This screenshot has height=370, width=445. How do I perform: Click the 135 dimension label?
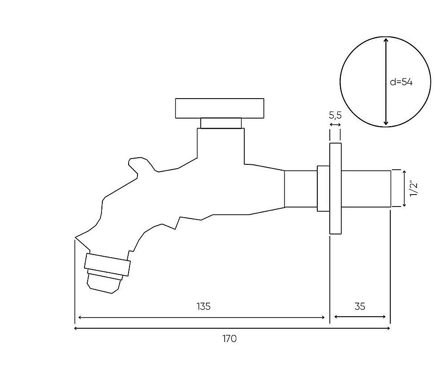coord(203,306)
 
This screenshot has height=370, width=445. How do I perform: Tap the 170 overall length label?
coord(230,339)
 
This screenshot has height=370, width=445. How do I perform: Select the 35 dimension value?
coord(360,306)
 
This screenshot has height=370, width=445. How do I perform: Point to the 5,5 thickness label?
coord(335,115)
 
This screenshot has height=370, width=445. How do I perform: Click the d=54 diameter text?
coord(401,82)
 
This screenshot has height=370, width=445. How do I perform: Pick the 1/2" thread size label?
coord(414,189)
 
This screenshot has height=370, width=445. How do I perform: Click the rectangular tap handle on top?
coord(220,108)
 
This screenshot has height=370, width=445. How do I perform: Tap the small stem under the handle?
coord(221,123)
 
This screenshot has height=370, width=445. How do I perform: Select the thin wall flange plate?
coord(336,188)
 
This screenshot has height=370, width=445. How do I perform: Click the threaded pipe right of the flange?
coord(366,188)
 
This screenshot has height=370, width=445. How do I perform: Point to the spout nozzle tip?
coord(104,282)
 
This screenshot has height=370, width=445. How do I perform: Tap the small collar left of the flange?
coord(323,188)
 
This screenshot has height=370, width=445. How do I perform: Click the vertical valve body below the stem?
coord(221,146)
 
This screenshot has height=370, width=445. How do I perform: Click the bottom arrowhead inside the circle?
coord(385,123)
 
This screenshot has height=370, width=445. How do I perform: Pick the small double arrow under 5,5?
coord(335,125)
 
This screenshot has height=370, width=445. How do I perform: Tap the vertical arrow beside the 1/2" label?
coord(405,188)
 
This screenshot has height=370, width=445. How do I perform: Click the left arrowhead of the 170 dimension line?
coord(76,328)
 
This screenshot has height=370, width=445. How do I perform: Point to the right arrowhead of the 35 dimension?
coord(384,317)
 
